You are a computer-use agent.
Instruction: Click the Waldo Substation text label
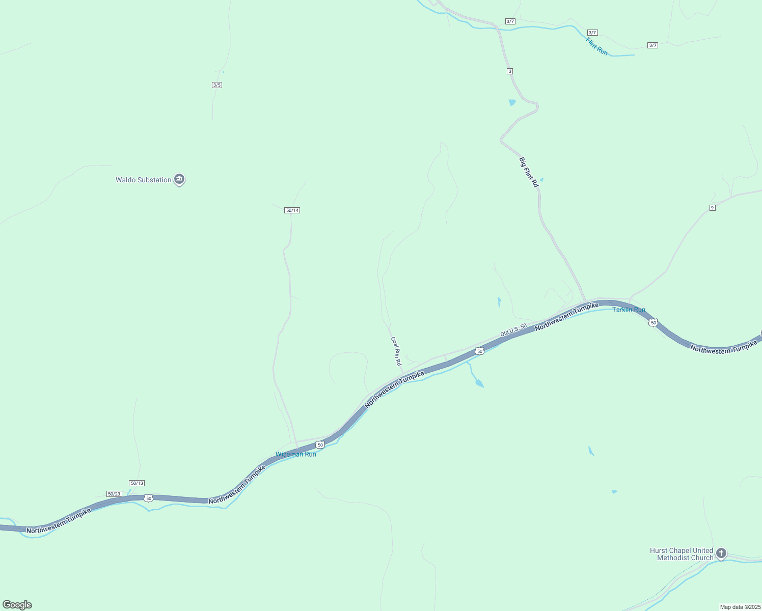click(x=143, y=180)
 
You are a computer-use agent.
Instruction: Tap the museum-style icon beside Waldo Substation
click(x=179, y=179)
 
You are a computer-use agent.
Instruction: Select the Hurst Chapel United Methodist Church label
click(x=682, y=554)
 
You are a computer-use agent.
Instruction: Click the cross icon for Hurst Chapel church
click(x=721, y=553)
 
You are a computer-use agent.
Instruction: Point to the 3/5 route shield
click(x=217, y=85)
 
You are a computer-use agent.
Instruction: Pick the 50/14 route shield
click(x=292, y=210)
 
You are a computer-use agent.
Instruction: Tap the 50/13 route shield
click(x=137, y=483)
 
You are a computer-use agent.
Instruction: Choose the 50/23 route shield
click(x=114, y=494)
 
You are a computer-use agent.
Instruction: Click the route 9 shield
click(x=713, y=207)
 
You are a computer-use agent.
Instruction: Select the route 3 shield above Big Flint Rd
click(x=510, y=71)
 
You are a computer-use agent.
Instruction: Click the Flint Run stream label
click(x=596, y=46)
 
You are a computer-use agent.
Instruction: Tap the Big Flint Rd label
click(x=529, y=172)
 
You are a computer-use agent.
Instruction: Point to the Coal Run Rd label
click(x=396, y=351)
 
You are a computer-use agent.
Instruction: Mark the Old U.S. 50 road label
click(x=513, y=330)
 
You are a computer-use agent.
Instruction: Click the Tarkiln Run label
click(x=629, y=310)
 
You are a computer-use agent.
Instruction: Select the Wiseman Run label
click(x=295, y=454)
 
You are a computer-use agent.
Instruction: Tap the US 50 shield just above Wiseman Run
click(x=320, y=445)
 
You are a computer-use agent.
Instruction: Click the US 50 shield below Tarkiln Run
click(x=654, y=323)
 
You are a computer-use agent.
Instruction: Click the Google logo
click(x=17, y=605)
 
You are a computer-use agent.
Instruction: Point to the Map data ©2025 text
click(x=740, y=607)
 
